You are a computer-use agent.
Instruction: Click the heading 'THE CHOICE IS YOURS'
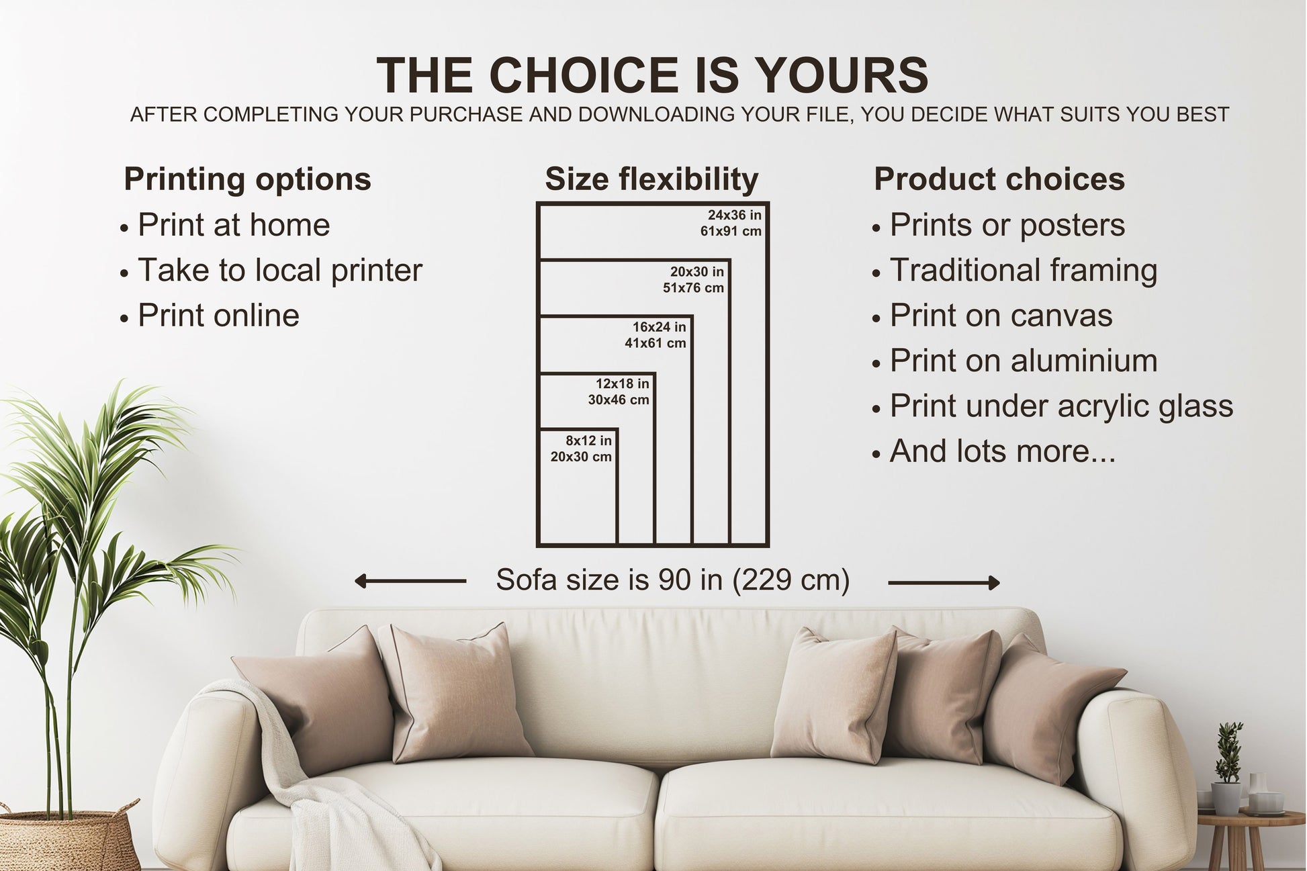(x=652, y=75)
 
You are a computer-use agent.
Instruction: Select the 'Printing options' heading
(x=247, y=179)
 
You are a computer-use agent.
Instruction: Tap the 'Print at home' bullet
(x=233, y=225)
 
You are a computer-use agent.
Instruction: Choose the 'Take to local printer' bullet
(x=279, y=271)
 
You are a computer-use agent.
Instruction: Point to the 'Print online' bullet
(x=218, y=316)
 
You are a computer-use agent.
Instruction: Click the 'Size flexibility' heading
(x=651, y=179)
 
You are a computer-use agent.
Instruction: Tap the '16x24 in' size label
(x=658, y=327)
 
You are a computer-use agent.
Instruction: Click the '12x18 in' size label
(x=622, y=384)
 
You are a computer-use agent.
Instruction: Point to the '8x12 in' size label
(x=588, y=441)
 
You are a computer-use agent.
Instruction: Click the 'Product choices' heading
(x=999, y=179)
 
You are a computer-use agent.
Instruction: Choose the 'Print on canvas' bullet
(x=1000, y=316)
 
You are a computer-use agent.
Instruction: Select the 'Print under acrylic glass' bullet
(x=1061, y=406)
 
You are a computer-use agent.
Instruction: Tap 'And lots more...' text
(x=1002, y=451)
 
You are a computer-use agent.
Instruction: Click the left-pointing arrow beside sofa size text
(x=410, y=581)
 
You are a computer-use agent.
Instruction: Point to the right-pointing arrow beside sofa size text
(x=944, y=583)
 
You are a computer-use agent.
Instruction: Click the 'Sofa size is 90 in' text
(x=672, y=580)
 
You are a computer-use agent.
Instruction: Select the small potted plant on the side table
(x=1227, y=772)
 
